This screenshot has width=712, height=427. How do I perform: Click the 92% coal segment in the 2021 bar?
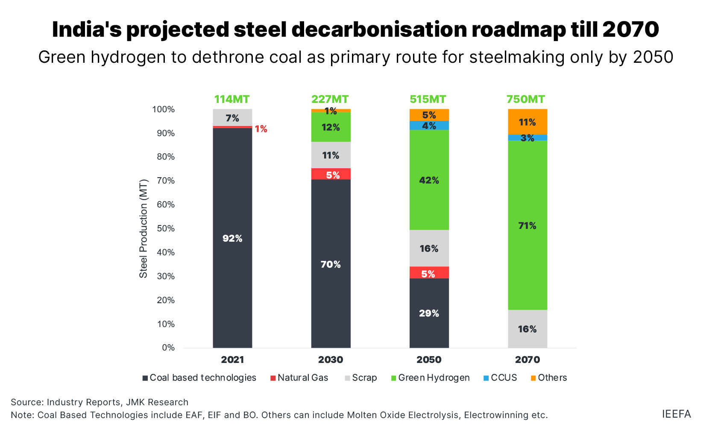pos(232,238)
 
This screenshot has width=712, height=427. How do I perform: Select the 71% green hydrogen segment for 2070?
pos(527,225)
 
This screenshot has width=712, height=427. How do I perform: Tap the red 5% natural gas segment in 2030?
pos(331,174)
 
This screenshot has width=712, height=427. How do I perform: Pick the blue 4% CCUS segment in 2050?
pos(429,126)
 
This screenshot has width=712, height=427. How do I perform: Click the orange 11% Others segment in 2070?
pos(527,122)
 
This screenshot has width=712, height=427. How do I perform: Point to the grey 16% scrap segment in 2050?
pos(429,248)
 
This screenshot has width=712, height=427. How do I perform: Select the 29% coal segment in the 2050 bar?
pos(429,313)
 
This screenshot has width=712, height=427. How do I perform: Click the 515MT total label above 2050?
pos(428,99)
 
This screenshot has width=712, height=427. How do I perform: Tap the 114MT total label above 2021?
pos(232,99)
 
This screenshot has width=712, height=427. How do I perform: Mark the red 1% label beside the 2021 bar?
pos(261,129)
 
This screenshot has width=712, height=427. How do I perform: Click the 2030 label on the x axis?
pos(331,360)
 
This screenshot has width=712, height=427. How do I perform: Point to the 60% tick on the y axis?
pos(166,205)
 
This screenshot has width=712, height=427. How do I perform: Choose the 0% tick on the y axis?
pos(168,348)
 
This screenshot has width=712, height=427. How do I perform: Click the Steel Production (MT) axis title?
pos(144,228)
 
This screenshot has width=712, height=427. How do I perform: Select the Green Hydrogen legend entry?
pos(431,377)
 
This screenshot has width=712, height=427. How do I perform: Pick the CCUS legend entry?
pos(500,377)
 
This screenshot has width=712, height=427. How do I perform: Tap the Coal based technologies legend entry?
pos(199,377)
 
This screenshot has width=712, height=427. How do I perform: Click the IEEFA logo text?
pos(676,414)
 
